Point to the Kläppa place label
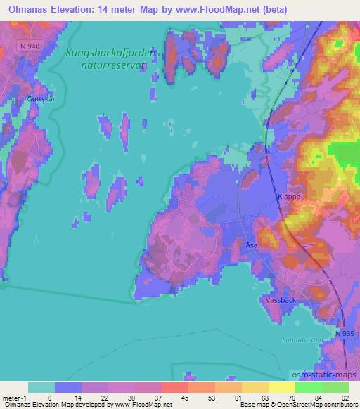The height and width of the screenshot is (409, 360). tap(288, 197)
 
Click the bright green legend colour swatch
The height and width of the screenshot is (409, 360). tap(308, 387)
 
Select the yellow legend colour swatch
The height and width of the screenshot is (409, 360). tap(281, 387)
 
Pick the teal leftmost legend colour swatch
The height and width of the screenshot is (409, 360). tap(41, 387)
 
